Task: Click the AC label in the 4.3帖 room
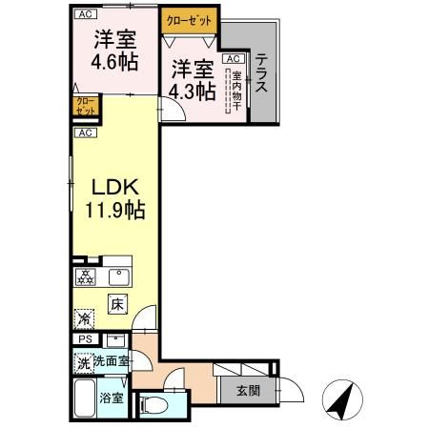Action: pos(231,58)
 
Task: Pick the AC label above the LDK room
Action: pos(86,133)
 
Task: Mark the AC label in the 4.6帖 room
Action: pos(86,13)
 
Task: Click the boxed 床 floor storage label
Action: pos(116,305)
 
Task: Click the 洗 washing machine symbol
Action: pos(84,362)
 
